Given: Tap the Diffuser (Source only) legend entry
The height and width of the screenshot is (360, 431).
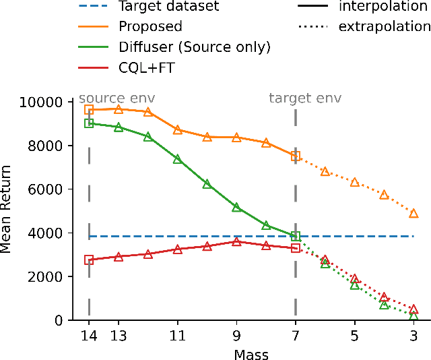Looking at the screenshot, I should point(194,47).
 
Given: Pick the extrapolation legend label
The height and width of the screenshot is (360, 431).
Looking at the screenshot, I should point(385,27).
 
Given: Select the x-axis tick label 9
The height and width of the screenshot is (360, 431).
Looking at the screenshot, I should point(236,336).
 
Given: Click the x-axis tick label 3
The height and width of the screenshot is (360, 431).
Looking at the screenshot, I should point(413,336).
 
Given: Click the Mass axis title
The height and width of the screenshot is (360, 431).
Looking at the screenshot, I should point(251,353).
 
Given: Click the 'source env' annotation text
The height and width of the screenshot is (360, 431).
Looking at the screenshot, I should point(117,98).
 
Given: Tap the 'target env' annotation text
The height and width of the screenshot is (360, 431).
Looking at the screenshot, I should point(305,98).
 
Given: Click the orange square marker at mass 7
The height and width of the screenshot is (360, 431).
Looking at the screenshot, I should point(296,156).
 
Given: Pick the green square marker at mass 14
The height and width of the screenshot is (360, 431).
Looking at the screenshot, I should point(89,123).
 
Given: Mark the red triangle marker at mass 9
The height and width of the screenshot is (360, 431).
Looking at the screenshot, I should point(236,241).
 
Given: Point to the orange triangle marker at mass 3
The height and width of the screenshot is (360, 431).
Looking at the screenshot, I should point(413,213).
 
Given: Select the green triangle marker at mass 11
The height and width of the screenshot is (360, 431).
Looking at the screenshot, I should point(178,159).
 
